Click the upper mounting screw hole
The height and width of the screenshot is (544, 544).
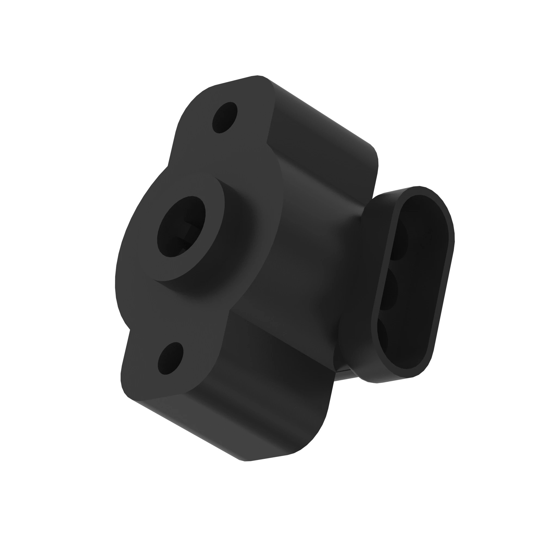point(225,117)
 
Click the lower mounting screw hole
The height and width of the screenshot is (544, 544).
point(170,358)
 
